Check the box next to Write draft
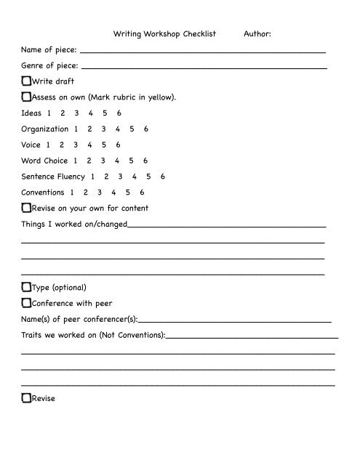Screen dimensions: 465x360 26,81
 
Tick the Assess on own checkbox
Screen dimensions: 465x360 26,97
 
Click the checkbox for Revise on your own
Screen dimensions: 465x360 26,208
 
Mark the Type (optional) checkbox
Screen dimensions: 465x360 26,287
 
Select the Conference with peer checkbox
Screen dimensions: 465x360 26,303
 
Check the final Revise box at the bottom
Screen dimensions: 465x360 26,398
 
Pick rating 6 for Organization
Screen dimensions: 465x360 146,129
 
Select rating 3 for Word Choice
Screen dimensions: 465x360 104,161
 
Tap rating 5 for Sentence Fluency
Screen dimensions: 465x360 148,177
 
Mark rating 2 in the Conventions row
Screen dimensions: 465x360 85,193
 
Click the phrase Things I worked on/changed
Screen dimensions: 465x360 74,224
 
